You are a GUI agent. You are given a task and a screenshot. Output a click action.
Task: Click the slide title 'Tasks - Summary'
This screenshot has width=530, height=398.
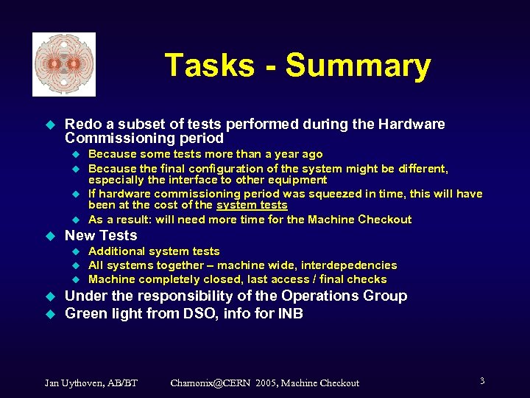[x=297, y=65]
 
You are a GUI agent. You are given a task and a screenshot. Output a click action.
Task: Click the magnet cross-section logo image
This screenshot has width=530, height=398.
[x=64, y=65]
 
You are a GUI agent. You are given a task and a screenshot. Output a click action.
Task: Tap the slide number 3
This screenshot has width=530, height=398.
[x=482, y=381]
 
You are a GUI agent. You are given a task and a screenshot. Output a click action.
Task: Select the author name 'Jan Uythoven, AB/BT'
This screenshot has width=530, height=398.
[x=91, y=383]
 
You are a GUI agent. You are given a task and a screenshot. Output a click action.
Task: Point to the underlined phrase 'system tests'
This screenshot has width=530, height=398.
[x=252, y=206]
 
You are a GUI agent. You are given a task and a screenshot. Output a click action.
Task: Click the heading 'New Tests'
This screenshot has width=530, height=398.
[x=101, y=236]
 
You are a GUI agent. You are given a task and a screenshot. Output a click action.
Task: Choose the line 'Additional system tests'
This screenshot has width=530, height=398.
[x=154, y=251]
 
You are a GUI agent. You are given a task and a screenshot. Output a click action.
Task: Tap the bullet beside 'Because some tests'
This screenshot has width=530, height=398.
[x=74, y=155]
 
